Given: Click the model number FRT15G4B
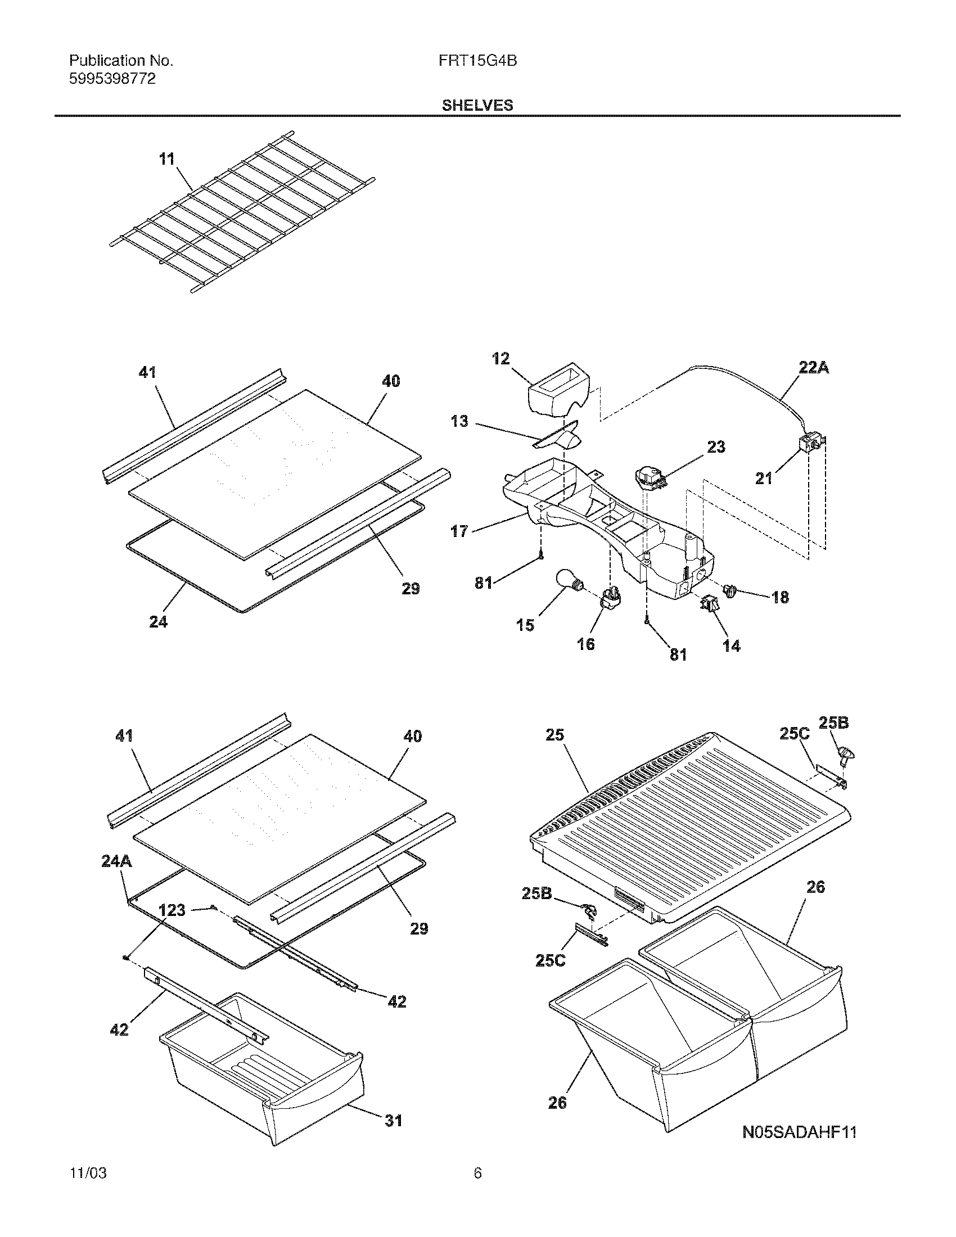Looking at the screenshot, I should click(477, 61).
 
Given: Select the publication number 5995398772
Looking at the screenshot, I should click(112, 79).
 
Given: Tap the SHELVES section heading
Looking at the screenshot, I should click(477, 105).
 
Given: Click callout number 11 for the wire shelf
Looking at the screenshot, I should click(167, 159).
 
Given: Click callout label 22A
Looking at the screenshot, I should click(814, 368).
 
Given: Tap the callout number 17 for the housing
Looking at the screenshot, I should click(459, 531).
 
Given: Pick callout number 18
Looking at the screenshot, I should click(780, 597).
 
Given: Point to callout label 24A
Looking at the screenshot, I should click(116, 861).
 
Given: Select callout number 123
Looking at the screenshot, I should click(172, 910).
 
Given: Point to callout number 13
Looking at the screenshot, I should click(459, 421).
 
